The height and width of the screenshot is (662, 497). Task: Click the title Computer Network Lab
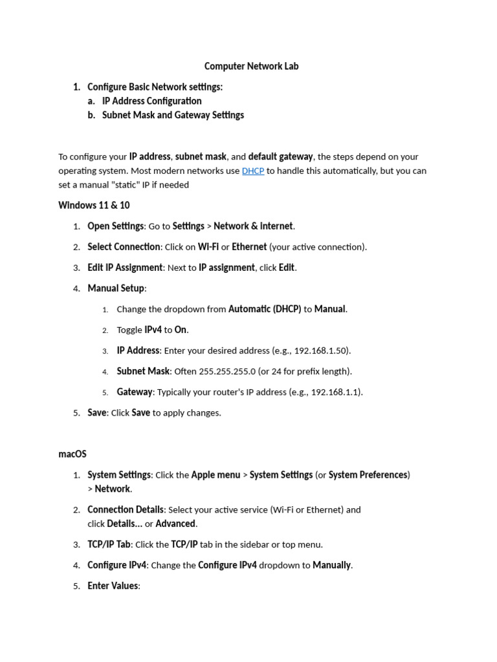tap(251, 66)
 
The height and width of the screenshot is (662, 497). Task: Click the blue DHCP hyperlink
tap(252, 171)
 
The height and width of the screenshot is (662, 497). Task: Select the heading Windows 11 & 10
tap(94, 205)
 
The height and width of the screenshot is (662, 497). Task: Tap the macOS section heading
tap(72, 454)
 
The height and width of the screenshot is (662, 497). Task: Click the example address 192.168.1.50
tap(322, 350)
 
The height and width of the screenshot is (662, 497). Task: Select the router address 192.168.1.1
tap(336, 392)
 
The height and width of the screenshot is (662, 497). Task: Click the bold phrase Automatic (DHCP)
tap(265, 309)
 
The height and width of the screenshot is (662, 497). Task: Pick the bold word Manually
tap(332, 565)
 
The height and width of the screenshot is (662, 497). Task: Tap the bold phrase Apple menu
tap(215, 475)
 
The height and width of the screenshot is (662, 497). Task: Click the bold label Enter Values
tap(113, 586)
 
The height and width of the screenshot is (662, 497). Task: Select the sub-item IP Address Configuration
tap(151, 101)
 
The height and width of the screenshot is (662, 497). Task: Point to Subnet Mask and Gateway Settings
tap(173, 115)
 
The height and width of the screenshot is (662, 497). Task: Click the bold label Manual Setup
tap(116, 288)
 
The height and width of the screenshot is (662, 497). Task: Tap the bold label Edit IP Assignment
tap(125, 268)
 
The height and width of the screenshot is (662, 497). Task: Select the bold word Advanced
tap(175, 524)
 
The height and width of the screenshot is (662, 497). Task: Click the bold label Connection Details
tap(126, 509)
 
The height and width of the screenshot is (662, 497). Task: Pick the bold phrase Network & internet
tap(253, 226)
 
